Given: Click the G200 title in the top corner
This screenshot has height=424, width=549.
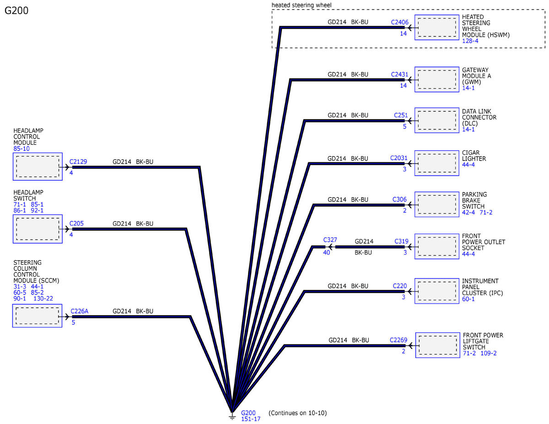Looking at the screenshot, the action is point(16,11).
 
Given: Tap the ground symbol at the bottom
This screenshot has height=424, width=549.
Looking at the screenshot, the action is point(232,416).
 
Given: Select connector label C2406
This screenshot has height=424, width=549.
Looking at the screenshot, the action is point(399,22).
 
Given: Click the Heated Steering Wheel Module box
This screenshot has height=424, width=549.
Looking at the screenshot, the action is point(436,27).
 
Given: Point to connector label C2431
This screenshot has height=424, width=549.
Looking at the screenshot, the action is point(399,75).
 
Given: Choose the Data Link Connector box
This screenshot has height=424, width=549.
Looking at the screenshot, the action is point(436,120).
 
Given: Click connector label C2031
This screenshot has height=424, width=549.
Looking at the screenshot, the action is point(398,158).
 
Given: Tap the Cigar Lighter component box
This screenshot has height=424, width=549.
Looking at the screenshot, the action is point(436,163).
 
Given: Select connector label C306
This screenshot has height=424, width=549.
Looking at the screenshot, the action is point(399,199).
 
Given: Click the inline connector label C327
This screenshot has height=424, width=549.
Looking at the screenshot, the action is point(330,240).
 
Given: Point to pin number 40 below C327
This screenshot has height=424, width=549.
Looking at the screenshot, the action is point(326,252).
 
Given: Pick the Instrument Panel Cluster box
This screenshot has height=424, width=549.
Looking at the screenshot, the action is point(436,291).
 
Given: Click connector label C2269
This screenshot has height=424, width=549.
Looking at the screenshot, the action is point(398,340).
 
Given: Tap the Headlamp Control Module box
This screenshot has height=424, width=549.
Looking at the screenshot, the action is point(38,166).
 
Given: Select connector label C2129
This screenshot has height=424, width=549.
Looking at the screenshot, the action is point(78,161).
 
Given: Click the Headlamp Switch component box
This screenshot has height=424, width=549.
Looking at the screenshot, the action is point(38,229).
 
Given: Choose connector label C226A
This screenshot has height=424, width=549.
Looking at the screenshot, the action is point(79,311).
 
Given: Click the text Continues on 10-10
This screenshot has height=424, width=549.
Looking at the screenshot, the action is point(298,413).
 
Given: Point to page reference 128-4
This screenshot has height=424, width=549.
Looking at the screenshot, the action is point(470,41).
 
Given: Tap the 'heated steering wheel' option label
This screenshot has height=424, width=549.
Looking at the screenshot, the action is point(301,5).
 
